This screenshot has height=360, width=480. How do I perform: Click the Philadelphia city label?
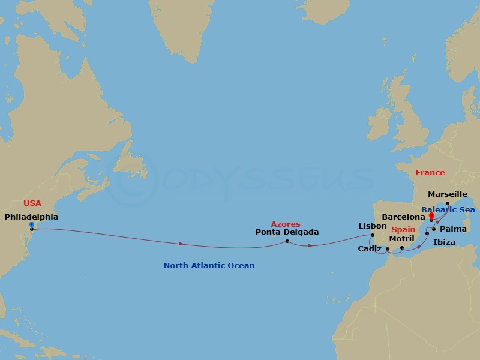[x=31, y=217]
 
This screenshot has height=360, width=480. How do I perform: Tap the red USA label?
[x=32, y=203]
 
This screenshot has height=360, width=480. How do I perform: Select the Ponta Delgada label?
[x=287, y=232]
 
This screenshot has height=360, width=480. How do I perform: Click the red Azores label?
[x=285, y=224]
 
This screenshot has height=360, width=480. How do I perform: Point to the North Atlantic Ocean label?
[x=209, y=265]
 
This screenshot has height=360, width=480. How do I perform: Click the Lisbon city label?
[x=372, y=226]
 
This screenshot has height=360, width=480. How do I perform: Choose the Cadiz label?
[x=369, y=248]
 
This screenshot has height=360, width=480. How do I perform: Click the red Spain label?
[x=403, y=230]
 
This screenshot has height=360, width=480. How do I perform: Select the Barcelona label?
[x=404, y=216]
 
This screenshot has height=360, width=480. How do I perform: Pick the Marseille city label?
[x=448, y=194]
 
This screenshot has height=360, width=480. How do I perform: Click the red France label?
[x=430, y=173]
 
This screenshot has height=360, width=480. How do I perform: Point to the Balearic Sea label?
[x=448, y=210]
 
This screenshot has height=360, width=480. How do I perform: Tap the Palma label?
[x=453, y=229]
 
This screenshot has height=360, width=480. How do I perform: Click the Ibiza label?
[x=444, y=242]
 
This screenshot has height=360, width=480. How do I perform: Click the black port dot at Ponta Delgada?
[x=287, y=241]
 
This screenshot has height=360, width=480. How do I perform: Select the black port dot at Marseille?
[x=448, y=203]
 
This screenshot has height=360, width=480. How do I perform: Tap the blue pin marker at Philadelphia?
[x=31, y=224]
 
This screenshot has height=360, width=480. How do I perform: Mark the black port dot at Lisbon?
[x=373, y=235]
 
